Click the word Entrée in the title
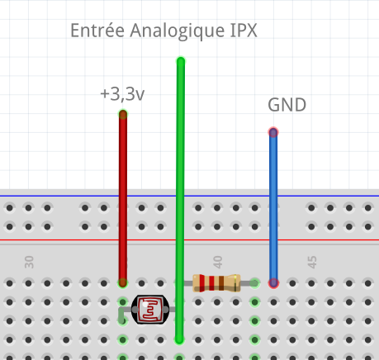tap(97, 30)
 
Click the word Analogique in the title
tap(178, 31)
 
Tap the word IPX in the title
tap(244, 31)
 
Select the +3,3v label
tap(122, 94)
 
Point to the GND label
tap(287, 105)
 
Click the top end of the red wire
tap(123, 114)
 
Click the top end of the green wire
tap(181, 61)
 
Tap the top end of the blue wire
tap(273, 132)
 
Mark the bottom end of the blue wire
tap(273, 283)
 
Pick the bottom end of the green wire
tap(179, 340)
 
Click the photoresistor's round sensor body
tap(150, 310)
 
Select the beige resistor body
tap(216, 283)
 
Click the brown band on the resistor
tap(221, 283)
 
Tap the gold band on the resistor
tap(235, 283)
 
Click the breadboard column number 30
tap(29, 262)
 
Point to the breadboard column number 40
tap(218, 262)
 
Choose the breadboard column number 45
tap(312, 262)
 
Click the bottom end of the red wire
tap(123, 283)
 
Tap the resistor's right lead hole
tap(255, 283)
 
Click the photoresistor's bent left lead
tap(121, 315)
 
